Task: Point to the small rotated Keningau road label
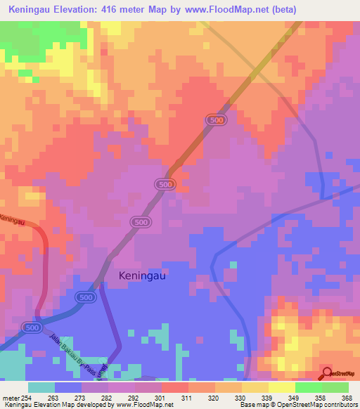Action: tap(12, 219)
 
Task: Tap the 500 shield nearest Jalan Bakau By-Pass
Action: tap(31, 328)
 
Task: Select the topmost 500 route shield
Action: tap(216, 121)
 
